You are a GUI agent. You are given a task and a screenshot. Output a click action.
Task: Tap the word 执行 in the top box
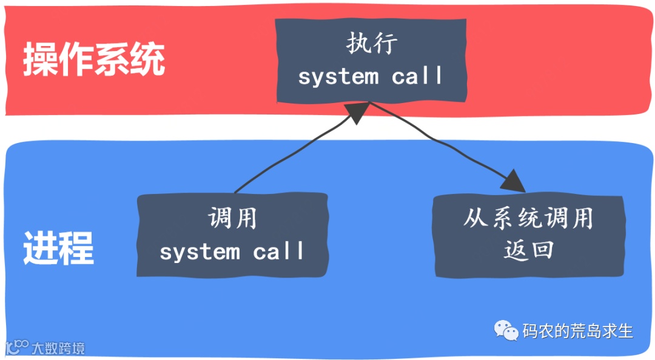point(372,44)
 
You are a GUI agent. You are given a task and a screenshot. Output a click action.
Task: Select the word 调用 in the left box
point(232,218)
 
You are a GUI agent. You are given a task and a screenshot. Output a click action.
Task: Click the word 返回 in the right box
point(528,250)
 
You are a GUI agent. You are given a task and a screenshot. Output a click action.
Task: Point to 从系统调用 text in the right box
point(528,218)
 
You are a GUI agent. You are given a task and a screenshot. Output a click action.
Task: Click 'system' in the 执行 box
point(338,77)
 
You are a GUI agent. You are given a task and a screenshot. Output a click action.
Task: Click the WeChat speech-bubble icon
point(506,330)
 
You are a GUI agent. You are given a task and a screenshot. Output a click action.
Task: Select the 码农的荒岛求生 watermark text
point(577,331)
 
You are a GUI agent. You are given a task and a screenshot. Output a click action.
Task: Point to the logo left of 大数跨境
point(16,347)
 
